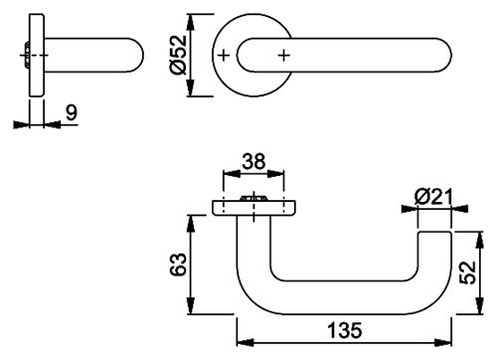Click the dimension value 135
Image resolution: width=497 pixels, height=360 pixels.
pyautogui.click(x=344, y=330)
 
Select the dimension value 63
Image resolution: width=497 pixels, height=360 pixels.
pyautogui.click(x=179, y=265)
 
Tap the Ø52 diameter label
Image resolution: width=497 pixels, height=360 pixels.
pyautogui.click(x=178, y=55)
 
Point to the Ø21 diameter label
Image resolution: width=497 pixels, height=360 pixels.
pyautogui.click(x=433, y=198)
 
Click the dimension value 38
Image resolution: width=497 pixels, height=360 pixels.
pyautogui.click(x=253, y=161)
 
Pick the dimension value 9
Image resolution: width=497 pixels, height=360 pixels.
pyautogui.click(x=72, y=112)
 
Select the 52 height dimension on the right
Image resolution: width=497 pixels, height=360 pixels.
pyautogui.click(x=468, y=272)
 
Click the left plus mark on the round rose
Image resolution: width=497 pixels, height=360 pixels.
pyautogui.click(x=224, y=56)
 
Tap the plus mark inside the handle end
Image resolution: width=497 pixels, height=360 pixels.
pyautogui.click(x=283, y=56)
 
